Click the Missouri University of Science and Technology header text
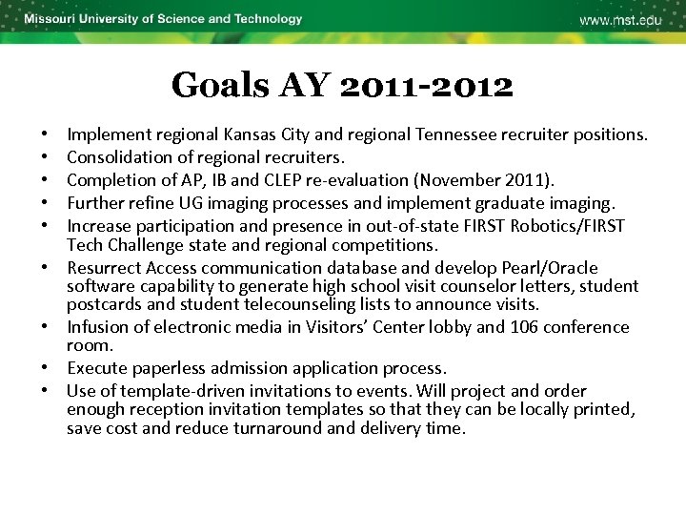coord(163,19)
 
